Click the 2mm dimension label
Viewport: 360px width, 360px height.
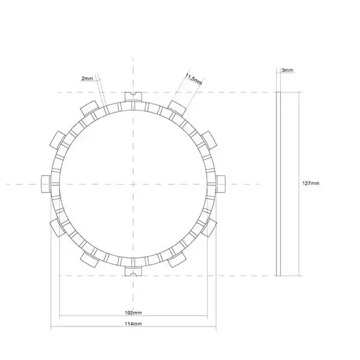pos(87,79)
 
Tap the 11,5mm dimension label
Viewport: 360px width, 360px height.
pos(194,79)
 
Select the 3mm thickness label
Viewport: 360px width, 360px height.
pos(287,70)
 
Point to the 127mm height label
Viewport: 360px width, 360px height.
pos(311,183)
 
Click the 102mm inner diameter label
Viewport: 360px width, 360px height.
pos(133,313)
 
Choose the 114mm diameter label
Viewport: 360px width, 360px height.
pos(133,324)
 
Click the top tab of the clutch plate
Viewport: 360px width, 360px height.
pos(133,97)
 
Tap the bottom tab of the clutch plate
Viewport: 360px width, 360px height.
pos(133,271)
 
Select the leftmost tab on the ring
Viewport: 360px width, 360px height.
pos(46,184)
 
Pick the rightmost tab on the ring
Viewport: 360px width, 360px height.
pos(221,184)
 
